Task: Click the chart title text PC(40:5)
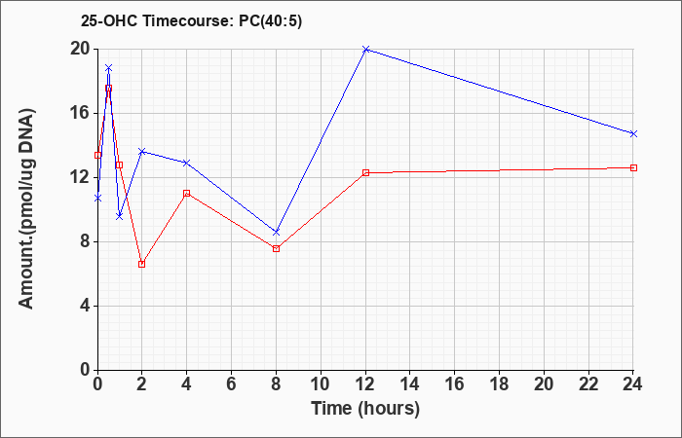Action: [270, 21]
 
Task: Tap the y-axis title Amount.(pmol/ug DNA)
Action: [26, 208]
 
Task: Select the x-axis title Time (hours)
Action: [365, 409]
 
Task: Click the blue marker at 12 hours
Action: [365, 49]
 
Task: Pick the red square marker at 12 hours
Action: [365, 172]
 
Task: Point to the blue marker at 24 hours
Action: [633, 134]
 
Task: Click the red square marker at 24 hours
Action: [633, 167]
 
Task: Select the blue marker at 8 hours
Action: [276, 233]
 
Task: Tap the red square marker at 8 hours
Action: [276, 248]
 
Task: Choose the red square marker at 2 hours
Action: [142, 264]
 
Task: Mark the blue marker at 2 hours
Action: [142, 151]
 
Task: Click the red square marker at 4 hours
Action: [187, 193]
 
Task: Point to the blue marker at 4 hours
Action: [187, 163]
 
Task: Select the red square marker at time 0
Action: [97, 155]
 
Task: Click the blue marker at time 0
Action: [97, 199]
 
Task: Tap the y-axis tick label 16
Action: [80, 114]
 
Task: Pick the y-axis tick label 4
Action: [85, 306]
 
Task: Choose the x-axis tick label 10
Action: [321, 384]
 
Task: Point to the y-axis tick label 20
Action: [80, 49]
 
